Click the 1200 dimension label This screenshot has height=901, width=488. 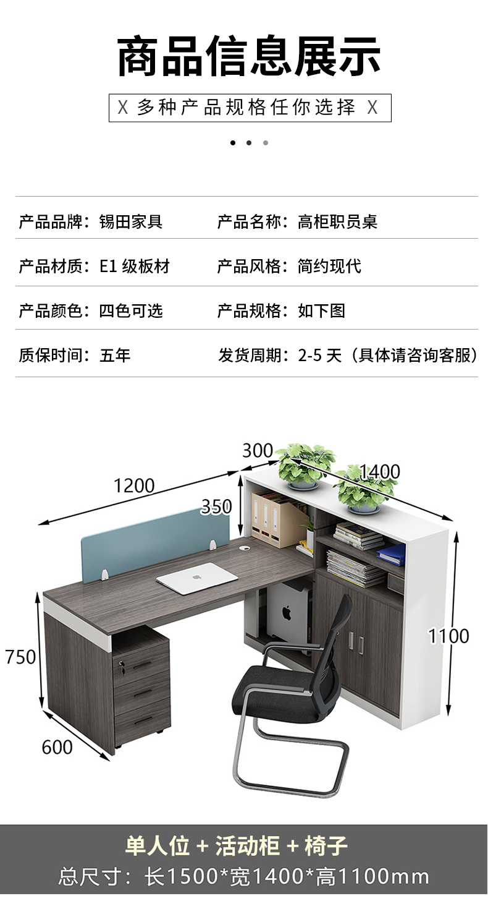click(134, 485)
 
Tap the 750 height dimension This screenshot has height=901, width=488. click(20, 657)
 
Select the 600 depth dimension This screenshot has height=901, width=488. click(57, 747)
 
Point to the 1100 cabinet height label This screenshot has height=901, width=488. click(449, 636)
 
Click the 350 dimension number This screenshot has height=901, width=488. click(216, 507)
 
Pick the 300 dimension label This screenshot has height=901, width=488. click(257, 451)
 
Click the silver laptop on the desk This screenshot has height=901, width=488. click(197, 579)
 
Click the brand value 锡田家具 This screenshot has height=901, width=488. click(131, 221)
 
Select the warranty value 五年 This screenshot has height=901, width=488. click(115, 355)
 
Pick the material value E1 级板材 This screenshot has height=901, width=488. click(134, 267)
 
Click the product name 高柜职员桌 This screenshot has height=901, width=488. click(337, 221)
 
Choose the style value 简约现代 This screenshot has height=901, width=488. click(329, 267)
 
